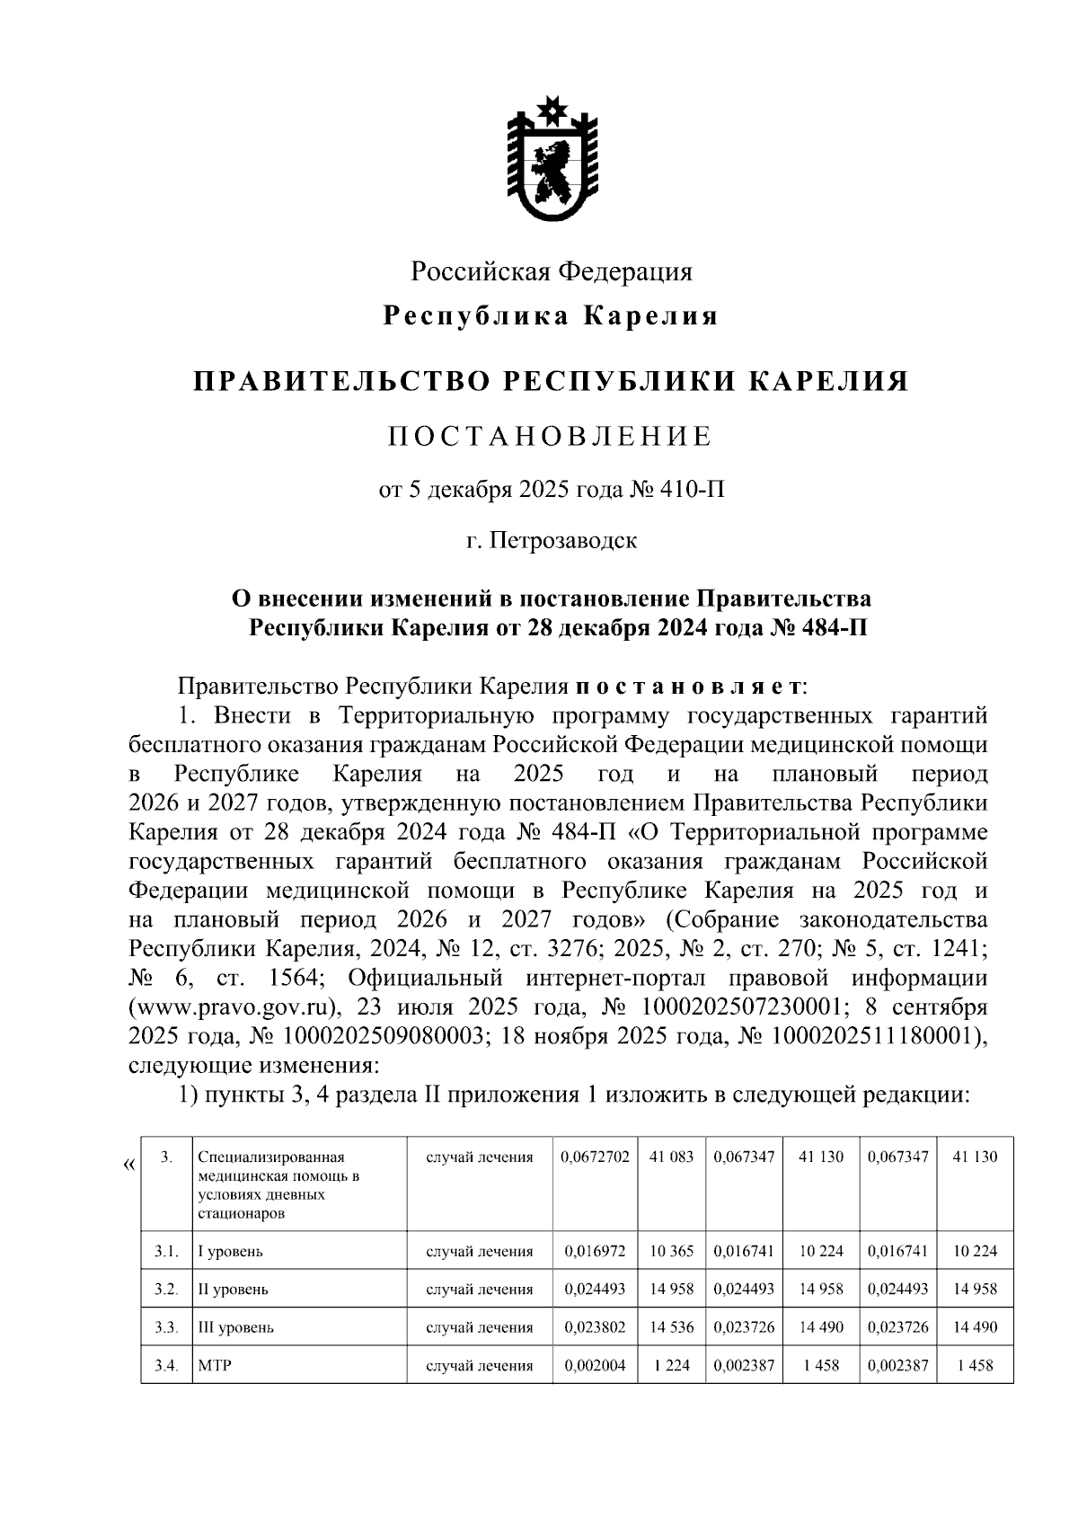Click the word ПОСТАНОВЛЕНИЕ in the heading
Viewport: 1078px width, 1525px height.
click(x=550, y=437)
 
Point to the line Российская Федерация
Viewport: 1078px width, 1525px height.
click(x=552, y=270)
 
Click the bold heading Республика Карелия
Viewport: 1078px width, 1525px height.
click(x=552, y=316)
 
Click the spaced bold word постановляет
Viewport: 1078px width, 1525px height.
click(x=688, y=687)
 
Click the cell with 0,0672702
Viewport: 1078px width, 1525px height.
click(x=594, y=1157)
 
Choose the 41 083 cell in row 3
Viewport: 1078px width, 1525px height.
click(x=671, y=1157)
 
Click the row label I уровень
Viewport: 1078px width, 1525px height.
click(x=231, y=1251)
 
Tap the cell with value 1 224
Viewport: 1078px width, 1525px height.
click(x=671, y=1366)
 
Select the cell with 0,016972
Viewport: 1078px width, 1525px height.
click(x=594, y=1251)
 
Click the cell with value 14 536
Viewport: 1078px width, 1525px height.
click(x=671, y=1327)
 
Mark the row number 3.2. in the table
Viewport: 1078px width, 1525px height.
click(x=165, y=1290)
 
